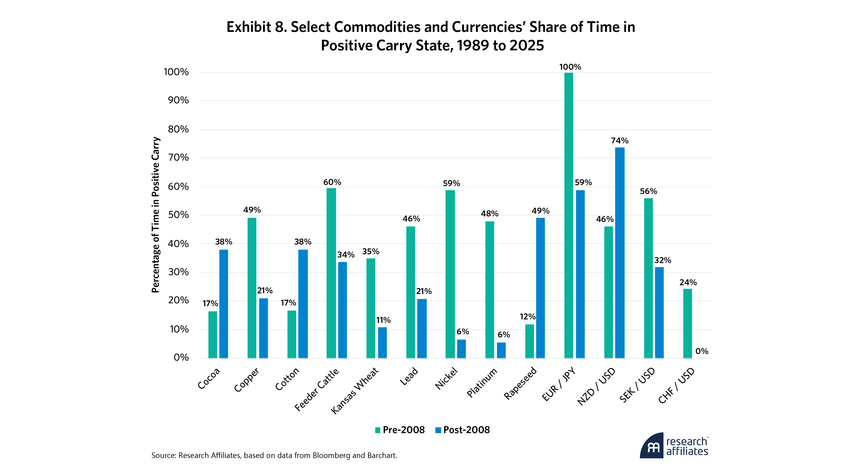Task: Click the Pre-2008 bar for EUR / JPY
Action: tap(569, 215)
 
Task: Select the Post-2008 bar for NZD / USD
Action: tap(620, 252)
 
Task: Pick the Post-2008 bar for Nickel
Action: tap(461, 349)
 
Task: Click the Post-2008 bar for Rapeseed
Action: tap(540, 288)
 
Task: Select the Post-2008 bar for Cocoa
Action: tap(224, 303)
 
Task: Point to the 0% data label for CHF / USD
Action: tap(702, 351)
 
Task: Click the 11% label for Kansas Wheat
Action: tap(383, 320)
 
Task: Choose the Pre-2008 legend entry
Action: tap(400, 430)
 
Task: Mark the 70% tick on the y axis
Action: tap(178, 158)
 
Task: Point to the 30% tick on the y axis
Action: tap(178, 272)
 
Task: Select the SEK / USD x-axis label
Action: tap(637, 385)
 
